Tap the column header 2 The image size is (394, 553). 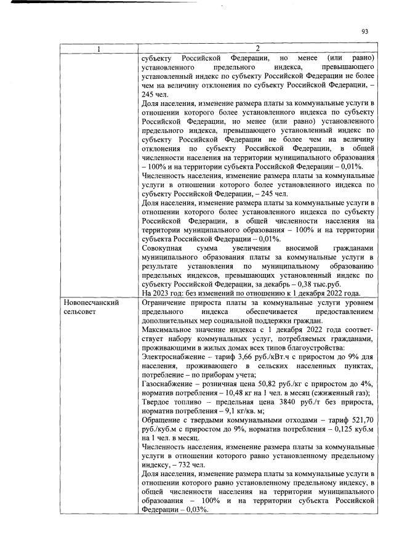(258, 48)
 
